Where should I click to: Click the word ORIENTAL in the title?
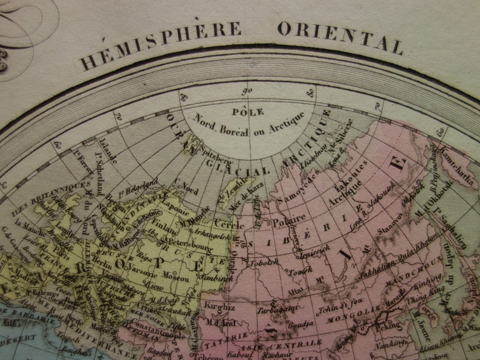(340, 36)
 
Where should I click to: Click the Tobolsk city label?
(273, 262)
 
